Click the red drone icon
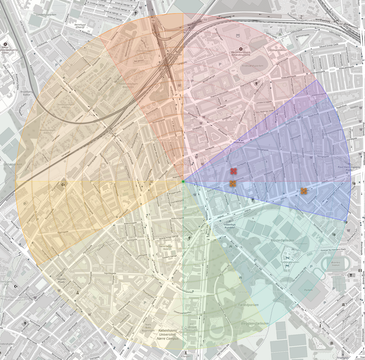(233, 171)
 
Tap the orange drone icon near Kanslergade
(304, 191)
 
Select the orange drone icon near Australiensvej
(233, 184)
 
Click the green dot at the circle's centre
(183, 181)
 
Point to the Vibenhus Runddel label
(230, 226)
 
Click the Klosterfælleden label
(282, 240)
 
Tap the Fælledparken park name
(248, 305)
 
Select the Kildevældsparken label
(253, 66)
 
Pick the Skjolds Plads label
(61, 280)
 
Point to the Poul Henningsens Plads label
(349, 168)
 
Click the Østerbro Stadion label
(335, 264)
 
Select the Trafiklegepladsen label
(290, 262)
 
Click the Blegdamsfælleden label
(255, 324)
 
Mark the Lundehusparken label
(46, 14)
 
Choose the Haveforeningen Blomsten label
(128, 85)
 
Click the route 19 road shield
(153, 21)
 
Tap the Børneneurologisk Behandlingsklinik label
(241, 54)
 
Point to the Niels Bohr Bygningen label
(148, 328)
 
